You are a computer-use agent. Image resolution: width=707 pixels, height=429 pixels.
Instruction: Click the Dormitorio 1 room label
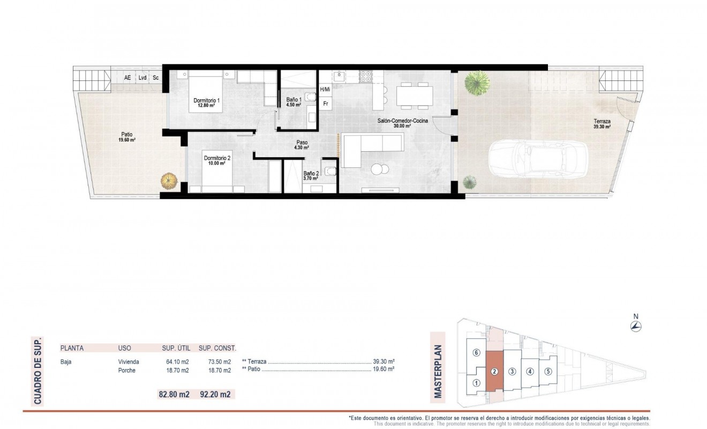click(x=207, y=103)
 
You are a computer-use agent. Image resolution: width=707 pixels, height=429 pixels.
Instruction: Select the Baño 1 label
click(x=294, y=102)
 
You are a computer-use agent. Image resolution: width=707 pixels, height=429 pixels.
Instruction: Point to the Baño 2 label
click(x=311, y=176)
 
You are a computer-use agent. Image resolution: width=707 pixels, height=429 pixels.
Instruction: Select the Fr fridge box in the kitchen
click(x=326, y=103)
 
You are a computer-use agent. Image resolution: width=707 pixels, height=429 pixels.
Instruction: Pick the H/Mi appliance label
click(x=325, y=90)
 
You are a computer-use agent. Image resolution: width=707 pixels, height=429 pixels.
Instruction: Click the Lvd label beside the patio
click(x=142, y=78)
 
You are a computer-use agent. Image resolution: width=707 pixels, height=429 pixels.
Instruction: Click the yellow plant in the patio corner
click(x=169, y=180)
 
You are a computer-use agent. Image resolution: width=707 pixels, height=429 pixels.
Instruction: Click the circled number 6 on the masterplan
click(x=476, y=353)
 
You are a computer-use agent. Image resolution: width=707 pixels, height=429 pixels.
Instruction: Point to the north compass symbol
click(x=636, y=327)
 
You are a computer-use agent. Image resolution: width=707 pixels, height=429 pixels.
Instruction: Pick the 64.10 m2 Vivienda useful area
click(x=177, y=362)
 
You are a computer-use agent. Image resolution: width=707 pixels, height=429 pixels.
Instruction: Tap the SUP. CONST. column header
click(x=217, y=348)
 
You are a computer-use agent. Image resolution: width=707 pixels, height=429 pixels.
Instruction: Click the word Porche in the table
click(x=127, y=371)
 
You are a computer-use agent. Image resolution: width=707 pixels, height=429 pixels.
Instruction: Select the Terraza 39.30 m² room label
click(x=602, y=124)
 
